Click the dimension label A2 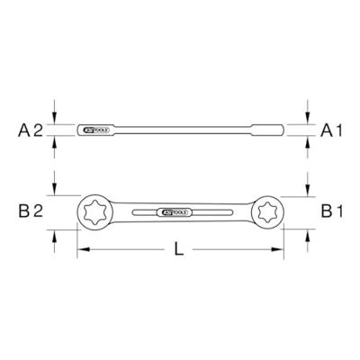tap(31, 130)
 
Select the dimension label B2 tap(31, 213)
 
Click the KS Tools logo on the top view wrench tap(178, 213)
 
